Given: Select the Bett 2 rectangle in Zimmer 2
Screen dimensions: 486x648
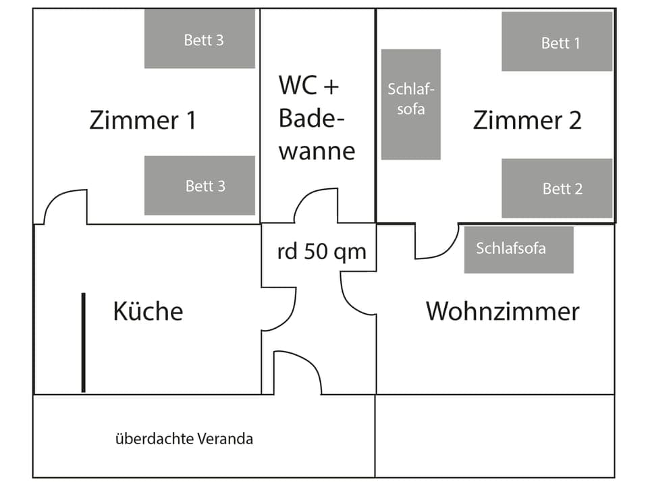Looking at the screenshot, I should pyautogui.click(x=556, y=188).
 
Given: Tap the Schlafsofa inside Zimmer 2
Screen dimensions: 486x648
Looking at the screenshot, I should pyautogui.click(x=410, y=104).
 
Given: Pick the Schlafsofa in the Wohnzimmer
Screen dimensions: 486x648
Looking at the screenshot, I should pyautogui.click(x=518, y=249).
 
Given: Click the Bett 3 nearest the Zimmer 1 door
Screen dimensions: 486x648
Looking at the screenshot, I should pyautogui.click(x=199, y=186).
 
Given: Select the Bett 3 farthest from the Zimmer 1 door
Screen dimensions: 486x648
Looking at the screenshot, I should pyautogui.click(x=199, y=39).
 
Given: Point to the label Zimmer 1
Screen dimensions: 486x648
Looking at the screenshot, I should pyautogui.click(x=142, y=120).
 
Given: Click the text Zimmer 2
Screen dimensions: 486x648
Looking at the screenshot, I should pyautogui.click(x=526, y=120).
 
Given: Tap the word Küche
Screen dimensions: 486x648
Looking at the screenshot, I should pyautogui.click(x=147, y=311).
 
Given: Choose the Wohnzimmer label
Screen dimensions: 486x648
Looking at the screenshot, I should pyautogui.click(x=502, y=311).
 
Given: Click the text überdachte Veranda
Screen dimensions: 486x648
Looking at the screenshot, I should pyautogui.click(x=184, y=439).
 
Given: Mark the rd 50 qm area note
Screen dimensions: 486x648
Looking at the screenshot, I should pyautogui.click(x=321, y=251).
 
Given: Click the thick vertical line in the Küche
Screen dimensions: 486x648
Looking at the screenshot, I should pyautogui.click(x=83, y=342).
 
